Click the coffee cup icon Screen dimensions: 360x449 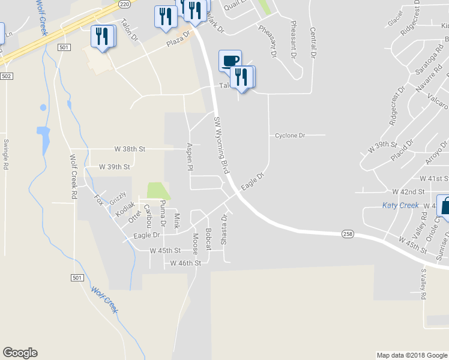coord(231,59)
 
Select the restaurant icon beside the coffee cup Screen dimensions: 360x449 coord(242,76)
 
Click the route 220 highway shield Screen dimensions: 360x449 coord(124,4)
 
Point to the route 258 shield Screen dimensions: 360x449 coord(348,233)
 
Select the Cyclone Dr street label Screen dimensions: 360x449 coord(290,136)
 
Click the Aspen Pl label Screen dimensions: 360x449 coord(190,157)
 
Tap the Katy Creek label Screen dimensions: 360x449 coord(400,205)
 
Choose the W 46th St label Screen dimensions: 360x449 coord(185,263)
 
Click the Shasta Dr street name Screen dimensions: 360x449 coord(224,226)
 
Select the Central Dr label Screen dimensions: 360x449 coord(312,43)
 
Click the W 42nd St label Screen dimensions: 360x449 coord(408,192)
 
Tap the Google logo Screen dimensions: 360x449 coord(20,353)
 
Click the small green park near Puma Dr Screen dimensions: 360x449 coord(158,191)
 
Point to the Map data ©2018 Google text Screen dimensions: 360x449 coord(411,355)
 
